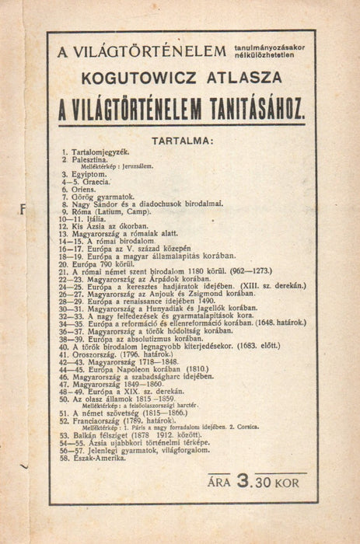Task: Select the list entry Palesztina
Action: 94,160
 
